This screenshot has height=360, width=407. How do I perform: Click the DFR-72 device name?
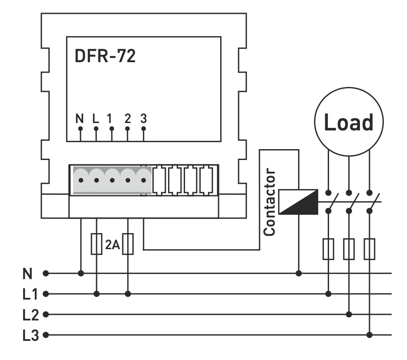(105, 57)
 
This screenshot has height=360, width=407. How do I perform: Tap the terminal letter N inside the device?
(80, 118)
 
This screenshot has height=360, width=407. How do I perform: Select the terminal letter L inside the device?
(96, 118)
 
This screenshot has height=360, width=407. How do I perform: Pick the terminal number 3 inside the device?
(143, 118)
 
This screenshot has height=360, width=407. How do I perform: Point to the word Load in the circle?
(349, 123)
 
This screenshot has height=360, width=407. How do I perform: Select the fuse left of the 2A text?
(96, 244)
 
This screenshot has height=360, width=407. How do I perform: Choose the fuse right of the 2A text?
(128, 244)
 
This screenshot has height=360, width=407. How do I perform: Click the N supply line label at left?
(27, 273)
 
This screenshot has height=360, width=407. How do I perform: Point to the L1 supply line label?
(30, 294)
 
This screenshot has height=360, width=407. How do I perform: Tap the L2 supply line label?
(30, 314)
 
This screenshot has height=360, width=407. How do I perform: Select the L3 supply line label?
(30, 335)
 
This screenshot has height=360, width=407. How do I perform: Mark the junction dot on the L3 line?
(370, 335)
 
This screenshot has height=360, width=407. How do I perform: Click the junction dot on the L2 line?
(349, 314)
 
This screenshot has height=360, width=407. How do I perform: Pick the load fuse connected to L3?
(370, 249)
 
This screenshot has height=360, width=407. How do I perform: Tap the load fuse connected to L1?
(329, 249)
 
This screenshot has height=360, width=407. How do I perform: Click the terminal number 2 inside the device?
(127, 118)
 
